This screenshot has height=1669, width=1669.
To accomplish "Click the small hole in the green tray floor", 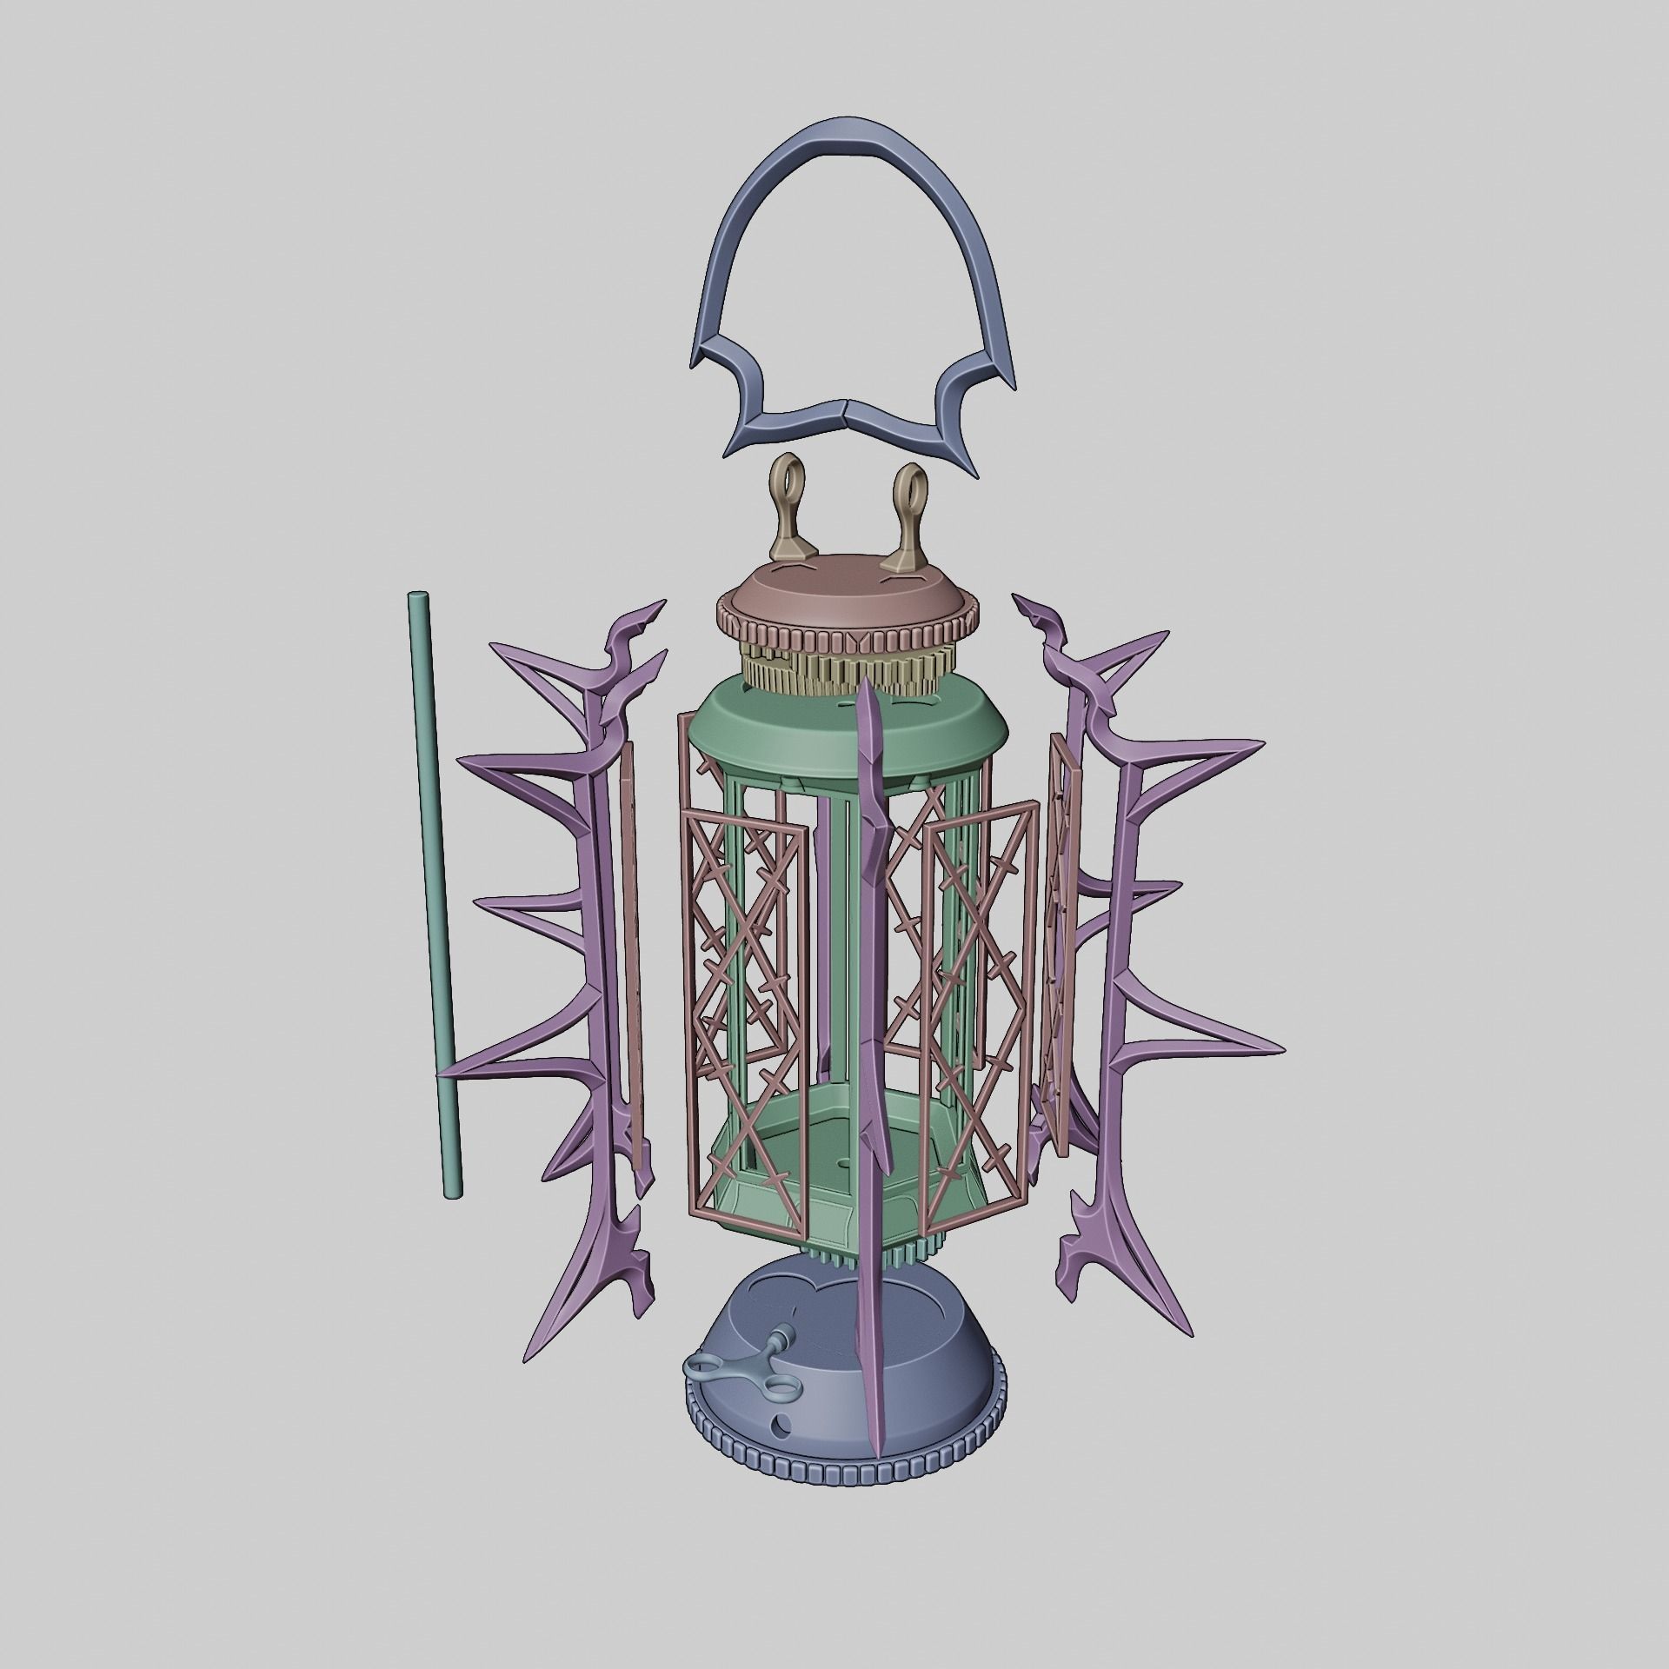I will click(844, 1161).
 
